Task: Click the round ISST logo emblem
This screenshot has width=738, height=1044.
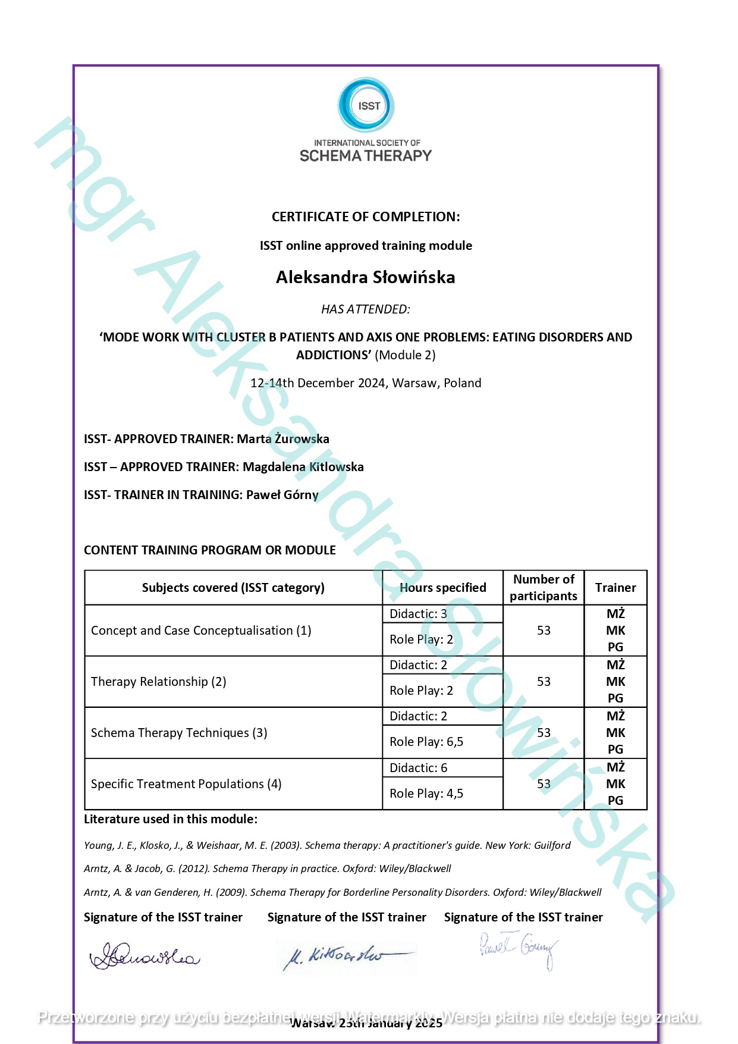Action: (x=366, y=105)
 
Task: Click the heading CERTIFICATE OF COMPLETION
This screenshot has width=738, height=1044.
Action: (x=366, y=217)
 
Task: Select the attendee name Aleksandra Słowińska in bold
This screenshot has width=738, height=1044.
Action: (x=365, y=277)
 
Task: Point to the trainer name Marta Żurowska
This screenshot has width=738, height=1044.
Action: (x=283, y=439)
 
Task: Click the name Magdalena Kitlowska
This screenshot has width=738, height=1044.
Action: (x=303, y=467)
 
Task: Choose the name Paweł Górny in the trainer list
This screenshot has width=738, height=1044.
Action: (x=282, y=495)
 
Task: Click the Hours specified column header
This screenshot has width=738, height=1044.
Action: (x=443, y=588)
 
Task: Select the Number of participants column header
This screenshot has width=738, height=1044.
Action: (x=544, y=588)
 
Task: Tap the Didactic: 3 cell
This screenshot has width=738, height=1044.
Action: (x=418, y=614)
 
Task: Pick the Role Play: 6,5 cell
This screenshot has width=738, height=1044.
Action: (x=426, y=742)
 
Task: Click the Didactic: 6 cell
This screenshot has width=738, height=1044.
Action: (x=418, y=768)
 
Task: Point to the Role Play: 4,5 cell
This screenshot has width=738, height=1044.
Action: (x=426, y=794)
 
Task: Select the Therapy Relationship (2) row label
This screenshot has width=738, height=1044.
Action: (x=159, y=682)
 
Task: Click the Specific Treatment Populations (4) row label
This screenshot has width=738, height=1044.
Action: (x=186, y=784)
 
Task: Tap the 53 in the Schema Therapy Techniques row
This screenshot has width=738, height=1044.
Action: (x=544, y=733)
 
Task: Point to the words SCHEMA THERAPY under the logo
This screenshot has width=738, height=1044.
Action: (x=366, y=156)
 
